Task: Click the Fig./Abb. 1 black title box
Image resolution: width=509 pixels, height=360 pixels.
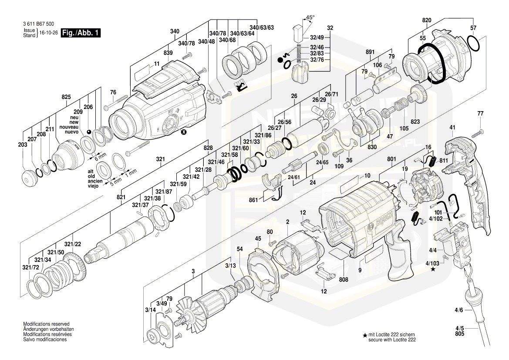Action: point(81,33)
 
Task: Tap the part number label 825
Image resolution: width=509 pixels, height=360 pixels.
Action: point(66,96)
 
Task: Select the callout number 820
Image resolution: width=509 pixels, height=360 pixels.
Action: point(426,20)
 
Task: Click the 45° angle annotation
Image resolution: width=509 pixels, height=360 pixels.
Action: point(310,17)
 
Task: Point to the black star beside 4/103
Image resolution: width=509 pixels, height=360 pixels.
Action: point(433,270)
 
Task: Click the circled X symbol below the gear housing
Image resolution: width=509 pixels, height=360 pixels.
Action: point(184,132)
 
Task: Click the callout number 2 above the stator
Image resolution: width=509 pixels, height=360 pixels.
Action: point(288,222)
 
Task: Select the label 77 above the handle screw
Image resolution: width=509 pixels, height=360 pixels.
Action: point(480,114)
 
